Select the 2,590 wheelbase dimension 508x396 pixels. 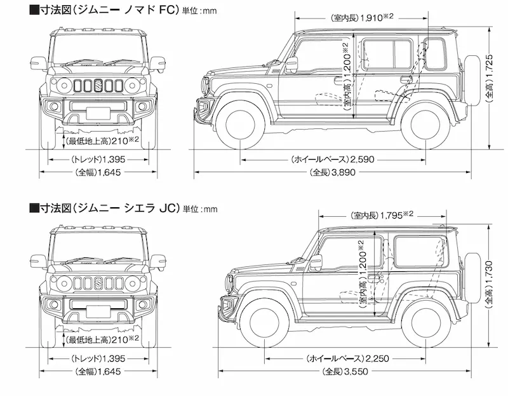point(361,159)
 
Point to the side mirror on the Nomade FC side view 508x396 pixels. point(291,64)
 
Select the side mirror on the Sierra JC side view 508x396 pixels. point(316,263)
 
